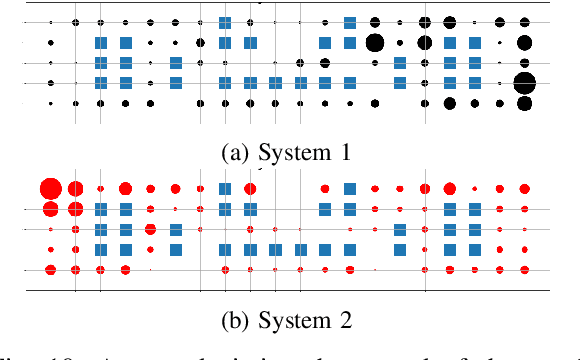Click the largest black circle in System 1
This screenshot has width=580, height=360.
(x=525, y=83)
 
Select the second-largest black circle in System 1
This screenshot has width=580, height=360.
(x=375, y=42)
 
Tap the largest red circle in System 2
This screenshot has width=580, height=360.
(x=50, y=188)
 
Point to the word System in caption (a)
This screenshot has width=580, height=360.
(x=290, y=153)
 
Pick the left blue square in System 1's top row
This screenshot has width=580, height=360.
(x=225, y=22)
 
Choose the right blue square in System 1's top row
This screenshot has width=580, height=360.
(x=350, y=22)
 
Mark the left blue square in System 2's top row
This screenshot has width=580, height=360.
(x=225, y=188)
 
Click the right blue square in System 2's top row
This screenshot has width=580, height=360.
(x=350, y=188)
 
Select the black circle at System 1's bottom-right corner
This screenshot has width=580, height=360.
(x=525, y=103)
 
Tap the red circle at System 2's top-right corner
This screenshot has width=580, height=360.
(x=525, y=188)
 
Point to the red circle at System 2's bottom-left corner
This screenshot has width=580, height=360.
(x=50, y=269)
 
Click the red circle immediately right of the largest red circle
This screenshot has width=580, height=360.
(x=75, y=188)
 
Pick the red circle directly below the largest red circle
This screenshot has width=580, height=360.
(x=50, y=209)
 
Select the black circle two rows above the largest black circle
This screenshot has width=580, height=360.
(x=525, y=42)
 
